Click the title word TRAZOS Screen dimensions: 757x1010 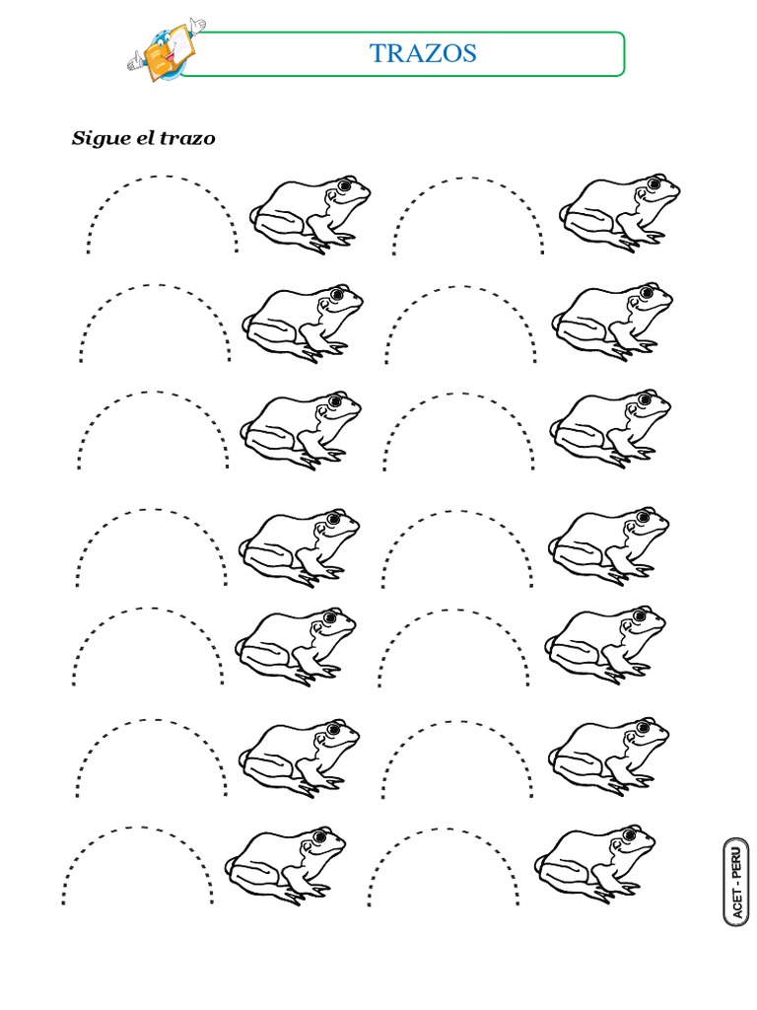coord(423,53)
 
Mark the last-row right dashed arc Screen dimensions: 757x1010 coord(445,828)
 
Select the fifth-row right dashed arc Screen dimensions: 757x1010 coord(454,609)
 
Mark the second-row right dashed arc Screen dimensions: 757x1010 coord(461,287)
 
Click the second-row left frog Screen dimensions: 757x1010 coord(304,324)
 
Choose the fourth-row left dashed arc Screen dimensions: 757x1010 coord(152,511)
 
